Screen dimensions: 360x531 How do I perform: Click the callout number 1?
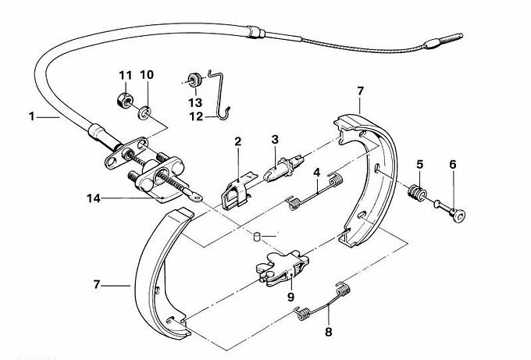[32, 117]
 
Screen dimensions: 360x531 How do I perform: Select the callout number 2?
[237, 142]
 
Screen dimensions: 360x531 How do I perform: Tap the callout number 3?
[275, 139]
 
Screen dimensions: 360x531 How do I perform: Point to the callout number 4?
[316, 172]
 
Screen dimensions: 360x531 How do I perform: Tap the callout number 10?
[146, 75]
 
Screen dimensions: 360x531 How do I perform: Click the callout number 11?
[125, 75]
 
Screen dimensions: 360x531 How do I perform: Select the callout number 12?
[194, 117]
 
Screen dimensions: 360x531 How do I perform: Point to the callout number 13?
[194, 102]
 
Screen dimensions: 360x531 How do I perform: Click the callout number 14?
[93, 198]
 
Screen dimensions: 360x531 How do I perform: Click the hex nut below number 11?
[123, 100]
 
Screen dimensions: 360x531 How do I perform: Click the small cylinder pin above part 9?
[258, 235]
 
